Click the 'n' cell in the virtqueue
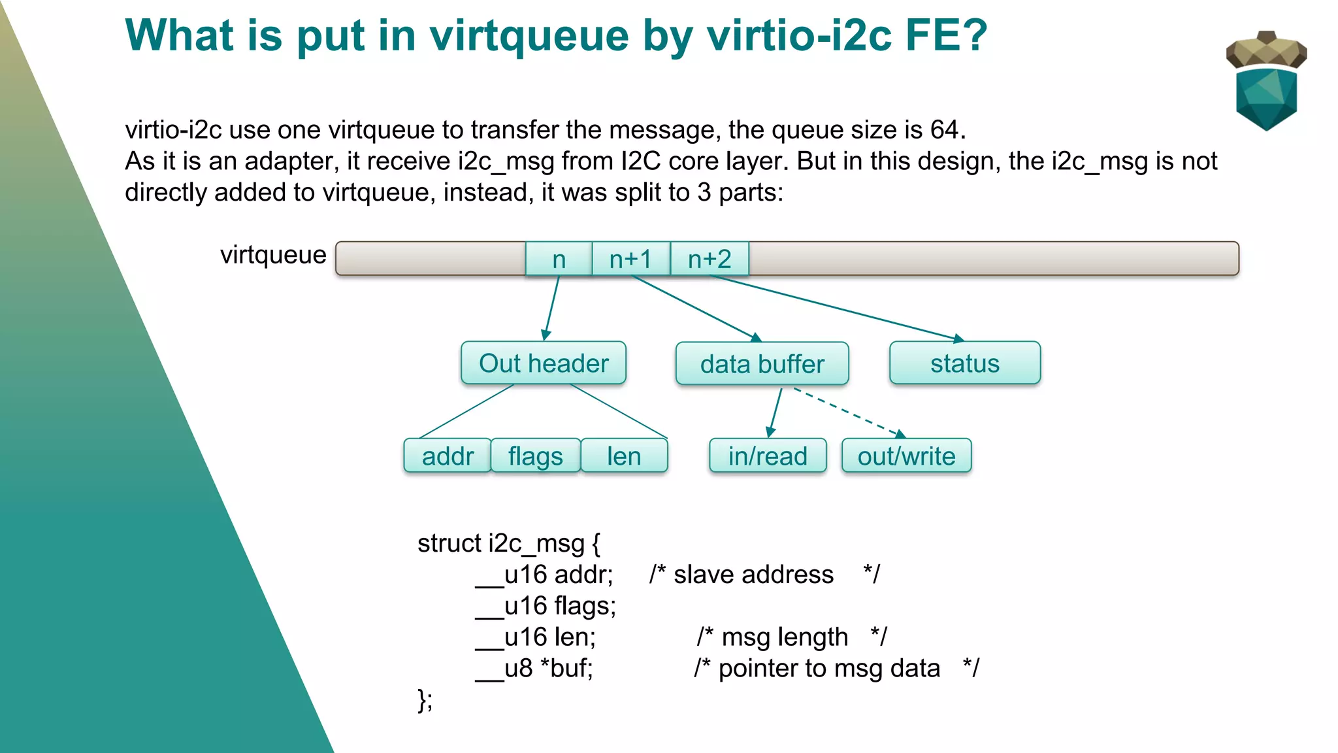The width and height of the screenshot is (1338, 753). pyautogui.click(x=559, y=259)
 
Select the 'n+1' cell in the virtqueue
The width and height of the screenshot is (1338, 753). pyautogui.click(x=630, y=259)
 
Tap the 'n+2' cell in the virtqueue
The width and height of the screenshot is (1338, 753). pyautogui.click(x=710, y=259)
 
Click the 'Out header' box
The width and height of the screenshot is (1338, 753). pyautogui.click(x=544, y=363)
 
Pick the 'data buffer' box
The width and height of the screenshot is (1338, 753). pyautogui.click(x=762, y=364)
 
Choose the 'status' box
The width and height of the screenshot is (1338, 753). pyautogui.click(x=965, y=363)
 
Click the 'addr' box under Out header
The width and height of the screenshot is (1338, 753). pyautogui.click(x=448, y=456)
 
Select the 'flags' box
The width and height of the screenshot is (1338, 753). pyautogui.click(x=536, y=456)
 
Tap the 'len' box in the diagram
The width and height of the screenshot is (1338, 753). pyautogui.click(x=624, y=456)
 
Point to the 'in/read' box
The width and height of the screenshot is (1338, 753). pyautogui.click(x=768, y=456)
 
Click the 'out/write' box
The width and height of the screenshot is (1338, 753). pyautogui.click(x=906, y=456)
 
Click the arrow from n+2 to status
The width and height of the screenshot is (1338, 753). pyautogui.click(x=836, y=308)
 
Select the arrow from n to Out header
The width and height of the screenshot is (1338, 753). pyautogui.click(x=552, y=307)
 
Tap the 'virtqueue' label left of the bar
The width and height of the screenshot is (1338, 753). pyautogui.click(x=273, y=255)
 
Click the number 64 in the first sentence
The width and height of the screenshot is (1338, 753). pyautogui.click(x=945, y=129)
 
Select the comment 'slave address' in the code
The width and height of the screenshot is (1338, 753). pyautogui.click(x=753, y=575)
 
